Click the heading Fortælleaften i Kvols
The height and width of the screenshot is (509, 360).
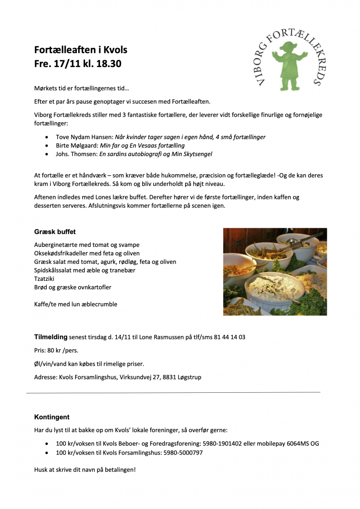tap(81, 50)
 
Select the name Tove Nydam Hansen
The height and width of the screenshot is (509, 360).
tap(84, 137)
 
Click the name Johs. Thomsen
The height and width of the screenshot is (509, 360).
tap(76, 154)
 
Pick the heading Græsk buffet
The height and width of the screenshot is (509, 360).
tap(55, 232)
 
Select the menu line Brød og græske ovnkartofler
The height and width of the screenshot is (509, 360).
tap(73, 287)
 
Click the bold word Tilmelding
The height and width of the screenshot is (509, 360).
tap(51, 337)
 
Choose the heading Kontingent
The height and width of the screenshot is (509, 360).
tap(52, 417)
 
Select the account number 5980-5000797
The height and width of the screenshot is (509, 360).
tap(183, 453)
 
